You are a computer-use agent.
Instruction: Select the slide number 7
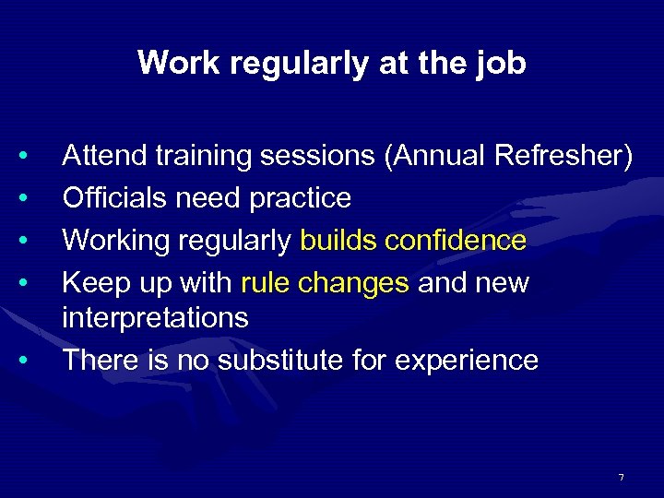(x=621, y=477)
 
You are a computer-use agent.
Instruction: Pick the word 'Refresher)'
(x=563, y=158)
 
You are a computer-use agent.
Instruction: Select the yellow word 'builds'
(x=339, y=240)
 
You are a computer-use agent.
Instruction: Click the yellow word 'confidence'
(x=456, y=240)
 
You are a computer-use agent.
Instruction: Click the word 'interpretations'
(x=155, y=318)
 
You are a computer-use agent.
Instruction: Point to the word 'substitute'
(x=281, y=360)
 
